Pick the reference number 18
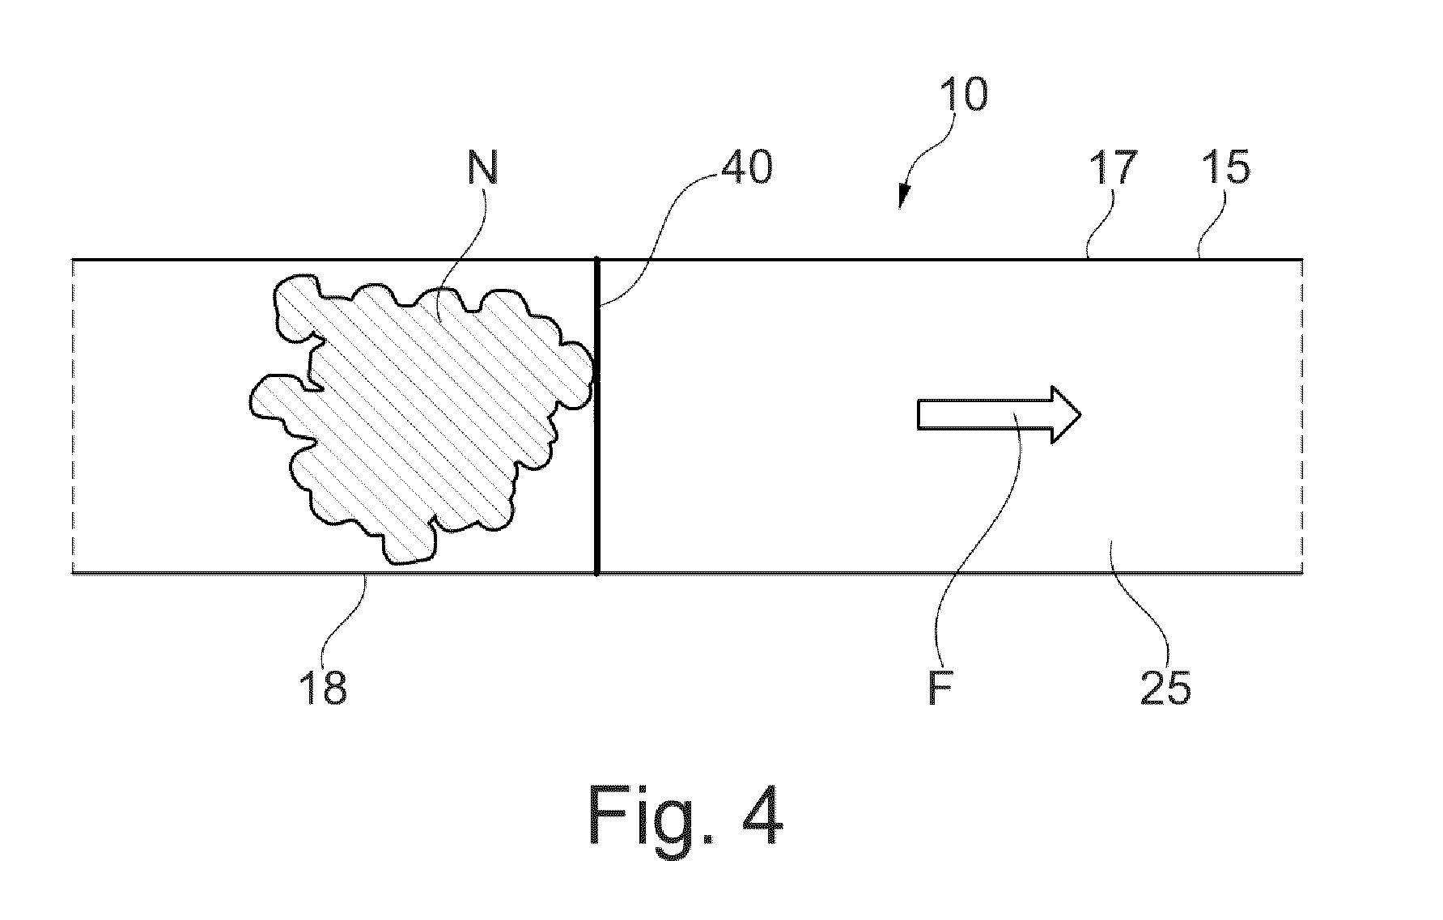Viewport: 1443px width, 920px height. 323,688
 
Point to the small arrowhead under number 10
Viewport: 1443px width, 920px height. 904,201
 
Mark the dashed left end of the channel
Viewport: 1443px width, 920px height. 74,416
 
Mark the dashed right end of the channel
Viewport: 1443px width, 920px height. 1301,416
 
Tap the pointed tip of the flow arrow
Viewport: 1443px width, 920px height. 1080,415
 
